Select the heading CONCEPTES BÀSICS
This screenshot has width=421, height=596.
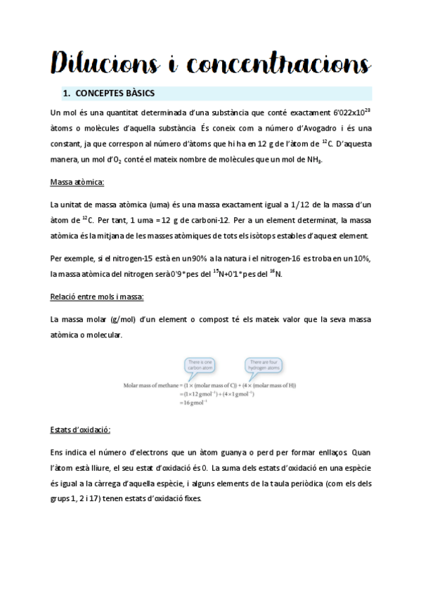(x=114, y=93)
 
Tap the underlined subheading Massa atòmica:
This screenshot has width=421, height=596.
(x=77, y=183)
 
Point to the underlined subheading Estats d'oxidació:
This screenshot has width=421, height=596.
(x=80, y=429)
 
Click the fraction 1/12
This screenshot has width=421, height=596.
(x=283, y=205)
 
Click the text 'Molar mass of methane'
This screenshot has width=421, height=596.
(x=150, y=385)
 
